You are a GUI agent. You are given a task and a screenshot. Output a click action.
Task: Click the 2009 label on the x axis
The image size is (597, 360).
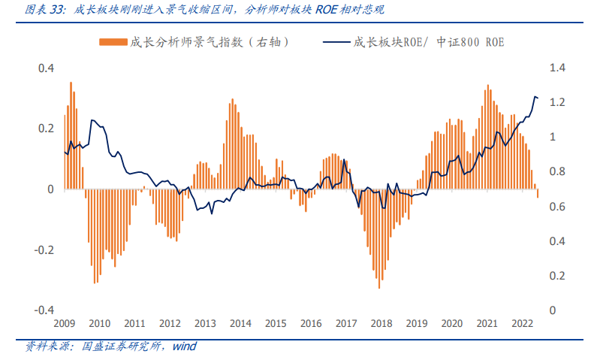coord(65,323)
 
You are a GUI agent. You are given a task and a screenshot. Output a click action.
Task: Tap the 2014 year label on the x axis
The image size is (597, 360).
coord(240,323)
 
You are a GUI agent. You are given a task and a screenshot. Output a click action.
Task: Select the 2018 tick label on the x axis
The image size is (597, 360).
coord(381,323)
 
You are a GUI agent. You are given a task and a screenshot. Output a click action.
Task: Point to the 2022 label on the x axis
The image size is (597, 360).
coord(522,323)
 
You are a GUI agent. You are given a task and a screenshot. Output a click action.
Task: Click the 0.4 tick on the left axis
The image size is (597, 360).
coord(47,68)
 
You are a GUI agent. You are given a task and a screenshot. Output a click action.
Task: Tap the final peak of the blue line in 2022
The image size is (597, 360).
coord(535,97)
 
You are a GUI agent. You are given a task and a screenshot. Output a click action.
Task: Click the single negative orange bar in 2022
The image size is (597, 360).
coord(538,193)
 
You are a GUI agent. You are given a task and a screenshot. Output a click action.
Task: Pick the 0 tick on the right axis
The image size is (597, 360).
coord(553,310)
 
